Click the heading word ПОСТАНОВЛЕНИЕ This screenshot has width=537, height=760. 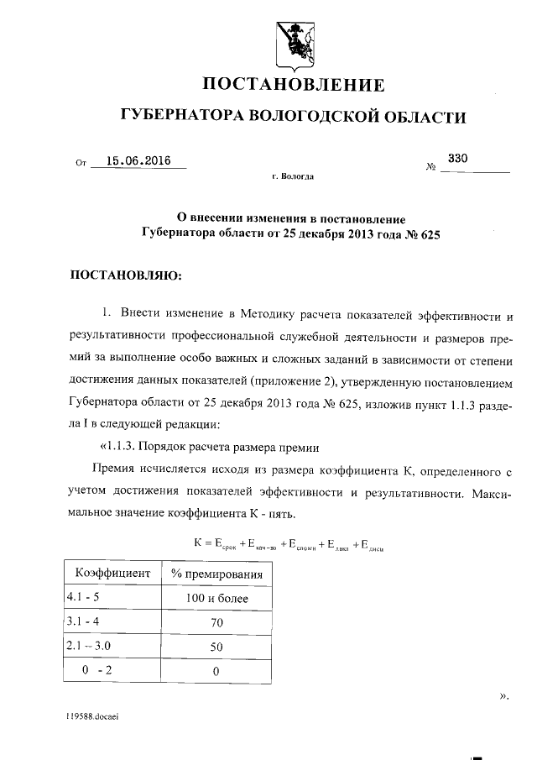(x=295, y=85)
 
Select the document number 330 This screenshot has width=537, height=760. (x=457, y=158)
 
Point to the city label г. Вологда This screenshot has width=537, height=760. (x=294, y=178)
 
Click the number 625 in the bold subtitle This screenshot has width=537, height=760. (x=427, y=236)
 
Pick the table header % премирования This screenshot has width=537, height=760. (x=216, y=574)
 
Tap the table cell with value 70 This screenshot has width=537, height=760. (x=216, y=623)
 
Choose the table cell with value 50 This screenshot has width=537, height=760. (x=216, y=647)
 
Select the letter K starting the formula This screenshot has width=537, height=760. (x=199, y=544)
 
